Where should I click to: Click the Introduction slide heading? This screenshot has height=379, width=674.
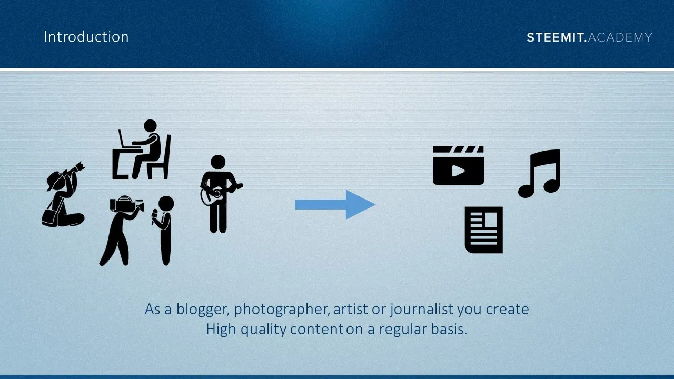click(x=86, y=37)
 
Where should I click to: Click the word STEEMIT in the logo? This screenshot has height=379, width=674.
click(x=555, y=37)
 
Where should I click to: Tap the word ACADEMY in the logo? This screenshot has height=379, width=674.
click(x=620, y=37)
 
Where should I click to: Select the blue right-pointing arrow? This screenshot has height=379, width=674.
click(x=335, y=205)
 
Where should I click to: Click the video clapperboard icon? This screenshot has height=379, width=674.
click(x=458, y=165)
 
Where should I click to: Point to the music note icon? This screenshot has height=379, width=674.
click(x=539, y=174)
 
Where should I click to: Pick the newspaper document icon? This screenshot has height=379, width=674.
click(x=484, y=230)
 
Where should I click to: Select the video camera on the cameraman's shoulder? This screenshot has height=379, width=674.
click(x=126, y=204)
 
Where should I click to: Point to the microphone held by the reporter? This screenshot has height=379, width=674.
click(x=154, y=216)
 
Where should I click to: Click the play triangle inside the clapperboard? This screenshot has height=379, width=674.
click(x=458, y=171)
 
